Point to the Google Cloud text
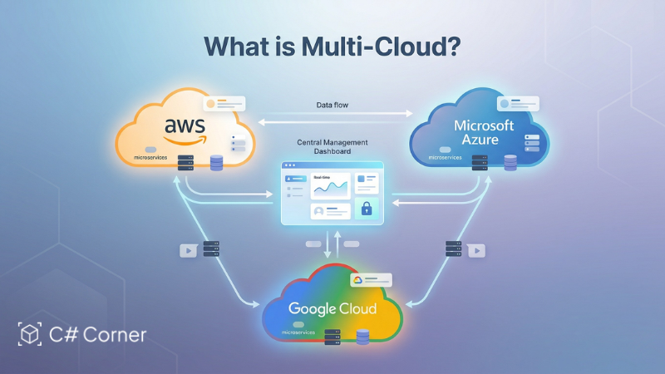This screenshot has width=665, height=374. pos(332,308)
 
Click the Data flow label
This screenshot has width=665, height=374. pos(333,105)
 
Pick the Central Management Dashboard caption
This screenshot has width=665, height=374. pos(332,148)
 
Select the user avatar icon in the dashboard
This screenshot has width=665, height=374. pos(319,212)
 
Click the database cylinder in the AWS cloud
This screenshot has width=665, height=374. pos(217,162)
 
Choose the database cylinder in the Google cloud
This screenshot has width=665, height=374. pos(362,337)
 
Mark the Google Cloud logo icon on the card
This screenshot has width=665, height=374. pos(357,281)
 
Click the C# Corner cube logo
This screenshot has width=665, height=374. pos(30,335)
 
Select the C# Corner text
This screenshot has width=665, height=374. pos(96,335)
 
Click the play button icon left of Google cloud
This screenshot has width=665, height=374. pos(189,250)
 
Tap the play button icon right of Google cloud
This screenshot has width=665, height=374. pos(475,249)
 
